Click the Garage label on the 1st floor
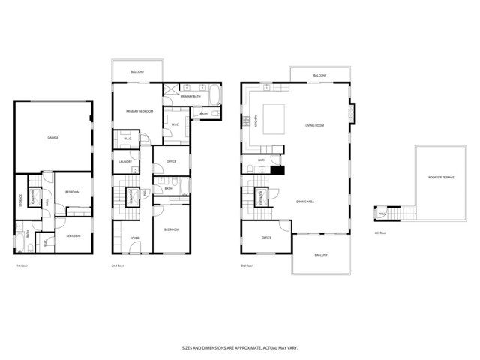click(x=53, y=138)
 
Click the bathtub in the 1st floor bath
click(x=21, y=234)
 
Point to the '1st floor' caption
click(x=22, y=265)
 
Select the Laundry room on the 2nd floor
click(x=125, y=162)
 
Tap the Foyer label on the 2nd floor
click(x=135, y=238)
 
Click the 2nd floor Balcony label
click(x=137, y=71)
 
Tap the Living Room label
click(x=314, y=125)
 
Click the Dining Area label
click(x=304, y=202)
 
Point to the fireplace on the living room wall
click(x=350, y=113)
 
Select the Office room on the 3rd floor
click(x=265, y=238)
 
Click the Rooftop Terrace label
click(x=441, y=177)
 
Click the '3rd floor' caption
click(x=247, y=265)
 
